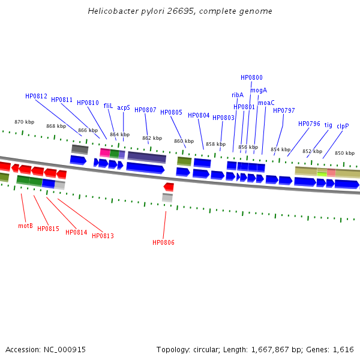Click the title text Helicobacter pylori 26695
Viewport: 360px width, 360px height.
click(x=180, y=11)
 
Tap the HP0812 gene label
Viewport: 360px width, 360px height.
click(x=36, y=96)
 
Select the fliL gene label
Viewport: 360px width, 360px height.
click(x=108, y=106)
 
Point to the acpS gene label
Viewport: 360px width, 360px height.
click(x=124, y=108)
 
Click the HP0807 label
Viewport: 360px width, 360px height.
click(x=145, y=110)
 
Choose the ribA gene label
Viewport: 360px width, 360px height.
click(x=238, y=95)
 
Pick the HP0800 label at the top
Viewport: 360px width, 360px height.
click(x=251, y=77)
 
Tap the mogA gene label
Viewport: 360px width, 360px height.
click(x=259, y=90)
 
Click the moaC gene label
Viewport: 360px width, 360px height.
click(x=266, y=103)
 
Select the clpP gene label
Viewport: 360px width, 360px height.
click(x=343, y=126)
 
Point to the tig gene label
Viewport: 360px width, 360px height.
click(x=328, y=125)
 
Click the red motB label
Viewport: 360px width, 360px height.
click(x=25, y=226)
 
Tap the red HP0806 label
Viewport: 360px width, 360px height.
click(x=163, y=242)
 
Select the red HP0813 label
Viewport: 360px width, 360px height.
click(x=103, y=236)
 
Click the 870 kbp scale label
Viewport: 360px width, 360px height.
click(x=25, y=122)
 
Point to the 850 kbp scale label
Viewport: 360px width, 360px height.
click(x=344, y=153)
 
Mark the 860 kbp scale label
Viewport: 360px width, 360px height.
click(x=184, y=141)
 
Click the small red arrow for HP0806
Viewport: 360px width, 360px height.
click(x=169, y=187)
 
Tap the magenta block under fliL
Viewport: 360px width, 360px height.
click(x=105, y=152)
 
